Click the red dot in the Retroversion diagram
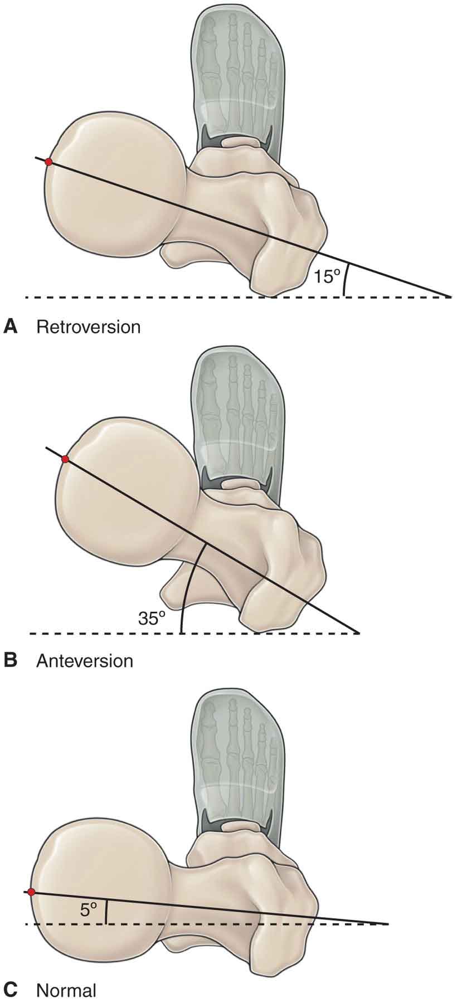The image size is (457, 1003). [48, 162]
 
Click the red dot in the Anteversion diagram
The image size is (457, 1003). [65, 459]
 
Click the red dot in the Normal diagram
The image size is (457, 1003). [31, 845]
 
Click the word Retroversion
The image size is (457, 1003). [88, 326]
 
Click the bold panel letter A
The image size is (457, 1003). [10, 326]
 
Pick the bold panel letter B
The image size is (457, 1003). [10, 661]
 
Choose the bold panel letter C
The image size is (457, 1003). [10, 990]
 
